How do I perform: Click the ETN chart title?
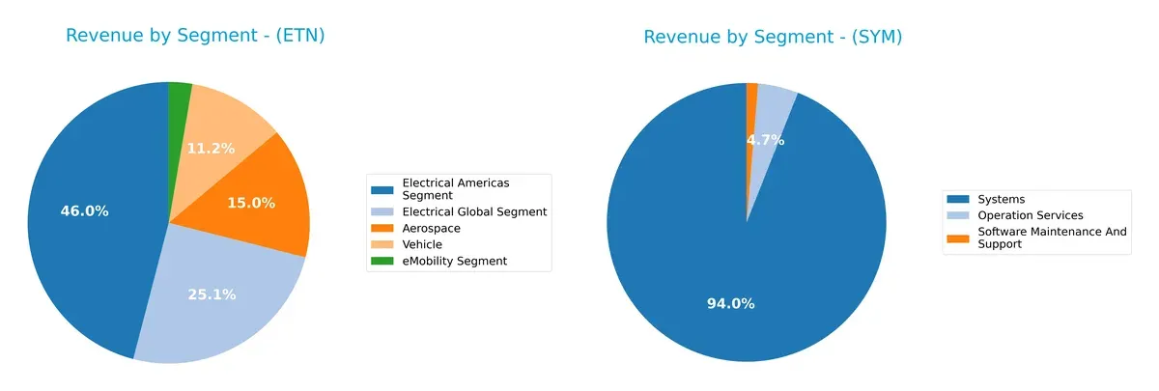point(194,37)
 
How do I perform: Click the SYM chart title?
point(773,38)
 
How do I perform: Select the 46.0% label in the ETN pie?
point(84,211)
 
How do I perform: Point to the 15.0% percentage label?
point(251,203)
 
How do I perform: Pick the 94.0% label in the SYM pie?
point(731,304)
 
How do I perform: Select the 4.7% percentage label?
point(765,140)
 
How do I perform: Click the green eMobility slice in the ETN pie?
point(179,97)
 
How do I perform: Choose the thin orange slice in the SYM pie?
point(751,91)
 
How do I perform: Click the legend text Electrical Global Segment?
point(474,211)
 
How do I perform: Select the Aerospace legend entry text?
point(431,229)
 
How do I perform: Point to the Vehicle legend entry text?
point(422,244)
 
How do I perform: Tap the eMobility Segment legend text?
point(454,261)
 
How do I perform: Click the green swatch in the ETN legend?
point(383,261)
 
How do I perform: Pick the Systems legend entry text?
point(1001,200)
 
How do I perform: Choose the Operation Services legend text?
point(1030,215)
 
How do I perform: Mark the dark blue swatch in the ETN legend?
point(383,188)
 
